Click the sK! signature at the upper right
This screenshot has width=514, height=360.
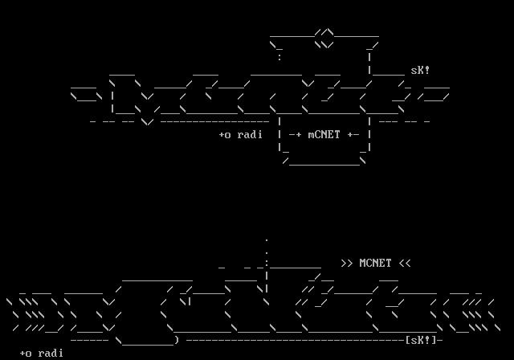coord(420,71)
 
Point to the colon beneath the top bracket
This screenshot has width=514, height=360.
coord(279,57)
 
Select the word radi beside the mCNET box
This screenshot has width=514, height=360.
coord(250,135)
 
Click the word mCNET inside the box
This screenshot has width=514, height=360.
coord(324,135)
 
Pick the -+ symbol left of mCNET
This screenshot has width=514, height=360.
coord(295,135)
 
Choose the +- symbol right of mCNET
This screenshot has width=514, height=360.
coord(353,135)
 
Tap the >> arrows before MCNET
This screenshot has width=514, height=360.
coord(346,263)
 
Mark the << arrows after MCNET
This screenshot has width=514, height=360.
coord(404,263)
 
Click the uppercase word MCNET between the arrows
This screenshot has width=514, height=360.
coord(375,263)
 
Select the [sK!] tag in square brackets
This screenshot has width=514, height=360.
coord(421,340)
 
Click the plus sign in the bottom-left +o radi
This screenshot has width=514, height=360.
coord(22,353)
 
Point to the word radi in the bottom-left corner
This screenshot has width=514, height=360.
coord(51,353)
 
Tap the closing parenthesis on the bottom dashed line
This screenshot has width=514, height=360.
coord(176,340)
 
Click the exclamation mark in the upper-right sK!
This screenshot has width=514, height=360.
coord(427,71)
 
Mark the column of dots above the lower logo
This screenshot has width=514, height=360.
coord(267,249)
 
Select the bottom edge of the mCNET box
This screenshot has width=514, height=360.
coord(324,163)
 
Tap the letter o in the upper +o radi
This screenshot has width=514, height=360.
coord(228,135)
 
